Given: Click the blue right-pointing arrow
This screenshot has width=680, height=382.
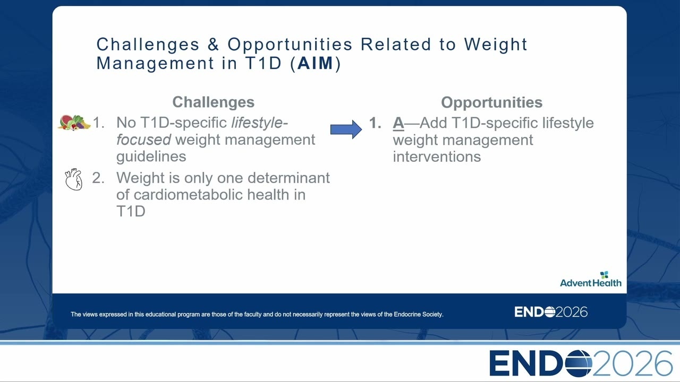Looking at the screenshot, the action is (x=346, y=129).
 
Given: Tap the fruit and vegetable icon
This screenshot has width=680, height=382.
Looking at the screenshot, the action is (x=74, y=123).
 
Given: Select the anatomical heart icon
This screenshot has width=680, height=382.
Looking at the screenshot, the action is (x=73, y=179).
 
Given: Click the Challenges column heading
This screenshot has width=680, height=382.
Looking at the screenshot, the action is (x=214, y=102).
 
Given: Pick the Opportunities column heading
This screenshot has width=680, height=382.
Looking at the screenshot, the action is (x=492, y=102).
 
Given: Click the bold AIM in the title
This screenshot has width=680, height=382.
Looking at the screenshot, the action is (x=316, y=63).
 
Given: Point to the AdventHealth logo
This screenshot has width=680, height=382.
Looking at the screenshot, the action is (x=591, y=279).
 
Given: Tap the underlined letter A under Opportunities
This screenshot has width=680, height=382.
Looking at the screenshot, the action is (x=398, y=123).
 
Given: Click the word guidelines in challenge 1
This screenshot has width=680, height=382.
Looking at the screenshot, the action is (x=151, y=157).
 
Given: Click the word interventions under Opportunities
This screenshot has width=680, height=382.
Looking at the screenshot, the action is (x=437, y=157).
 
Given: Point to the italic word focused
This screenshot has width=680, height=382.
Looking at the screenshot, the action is (x=143, y=140).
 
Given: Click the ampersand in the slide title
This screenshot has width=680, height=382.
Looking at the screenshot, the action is (x=214, y=44).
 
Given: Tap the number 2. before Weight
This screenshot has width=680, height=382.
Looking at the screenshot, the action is (x=98, y=178).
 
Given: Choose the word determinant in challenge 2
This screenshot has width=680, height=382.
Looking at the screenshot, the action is (x=288, y=178).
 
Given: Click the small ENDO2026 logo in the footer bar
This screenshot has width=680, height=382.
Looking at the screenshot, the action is (x=551, y=312).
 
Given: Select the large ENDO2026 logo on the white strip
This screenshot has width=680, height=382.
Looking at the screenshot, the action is (x=581, y=363).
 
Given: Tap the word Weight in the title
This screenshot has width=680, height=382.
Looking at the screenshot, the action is (x=496, y=45).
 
